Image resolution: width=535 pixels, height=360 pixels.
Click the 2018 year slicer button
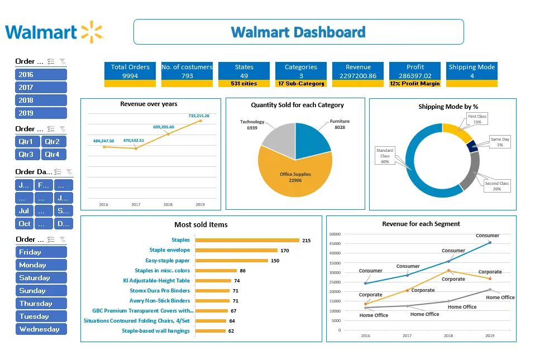[x=41, y=100]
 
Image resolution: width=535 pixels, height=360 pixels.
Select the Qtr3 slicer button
[x=27, y=155]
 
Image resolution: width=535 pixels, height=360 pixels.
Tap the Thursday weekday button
[x=41, y=304]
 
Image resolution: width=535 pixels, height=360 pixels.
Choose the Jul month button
[x=25, y=211]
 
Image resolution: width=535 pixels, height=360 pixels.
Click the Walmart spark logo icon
[x=92, y=31]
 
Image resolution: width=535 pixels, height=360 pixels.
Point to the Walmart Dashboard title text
[x=298, y=32]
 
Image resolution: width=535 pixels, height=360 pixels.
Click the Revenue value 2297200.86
[x=357, y=76]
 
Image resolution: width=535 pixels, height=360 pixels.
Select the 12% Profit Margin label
[x=415, y=84]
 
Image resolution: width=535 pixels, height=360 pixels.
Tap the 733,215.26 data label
[x=199, y=116]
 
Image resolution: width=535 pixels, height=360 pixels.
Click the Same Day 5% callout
[x=500, y=142]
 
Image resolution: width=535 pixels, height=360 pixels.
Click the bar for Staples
[x=247, y=241]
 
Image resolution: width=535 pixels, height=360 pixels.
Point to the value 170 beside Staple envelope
[x=285, y=251]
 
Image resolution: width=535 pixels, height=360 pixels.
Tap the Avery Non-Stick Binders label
[x=160, y=301]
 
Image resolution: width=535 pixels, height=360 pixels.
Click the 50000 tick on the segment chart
[x=335, y=234]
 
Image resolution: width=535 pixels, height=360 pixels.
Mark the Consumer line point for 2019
[x=490, y=242]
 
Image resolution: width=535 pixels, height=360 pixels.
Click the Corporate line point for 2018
[x=448, y=271]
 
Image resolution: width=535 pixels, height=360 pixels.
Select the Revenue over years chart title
[x=149, y=104]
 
